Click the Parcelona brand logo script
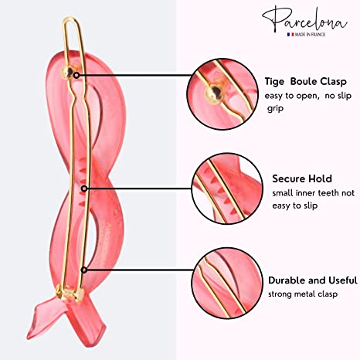(x=305, y=19)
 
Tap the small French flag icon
(x=290, y=34)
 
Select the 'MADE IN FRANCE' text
(x=310, y=34)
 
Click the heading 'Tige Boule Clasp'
(x=306, y=82)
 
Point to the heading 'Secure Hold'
(x=302, y=178)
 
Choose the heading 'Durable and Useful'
(x=313, y=280)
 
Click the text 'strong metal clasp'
(x=303, y=294)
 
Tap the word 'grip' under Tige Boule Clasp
(x=276, y=108)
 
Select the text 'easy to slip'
(x=295, y=205)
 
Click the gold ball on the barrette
(x=68, y=73)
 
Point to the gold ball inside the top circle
(x=214, y=94)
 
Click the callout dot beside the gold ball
(x=76, y=76)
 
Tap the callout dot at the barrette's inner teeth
(x=84, y=188)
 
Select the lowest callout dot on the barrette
(x=84, y=270)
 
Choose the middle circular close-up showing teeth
(x=227, y=188)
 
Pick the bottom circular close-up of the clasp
(x=227, y=283)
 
